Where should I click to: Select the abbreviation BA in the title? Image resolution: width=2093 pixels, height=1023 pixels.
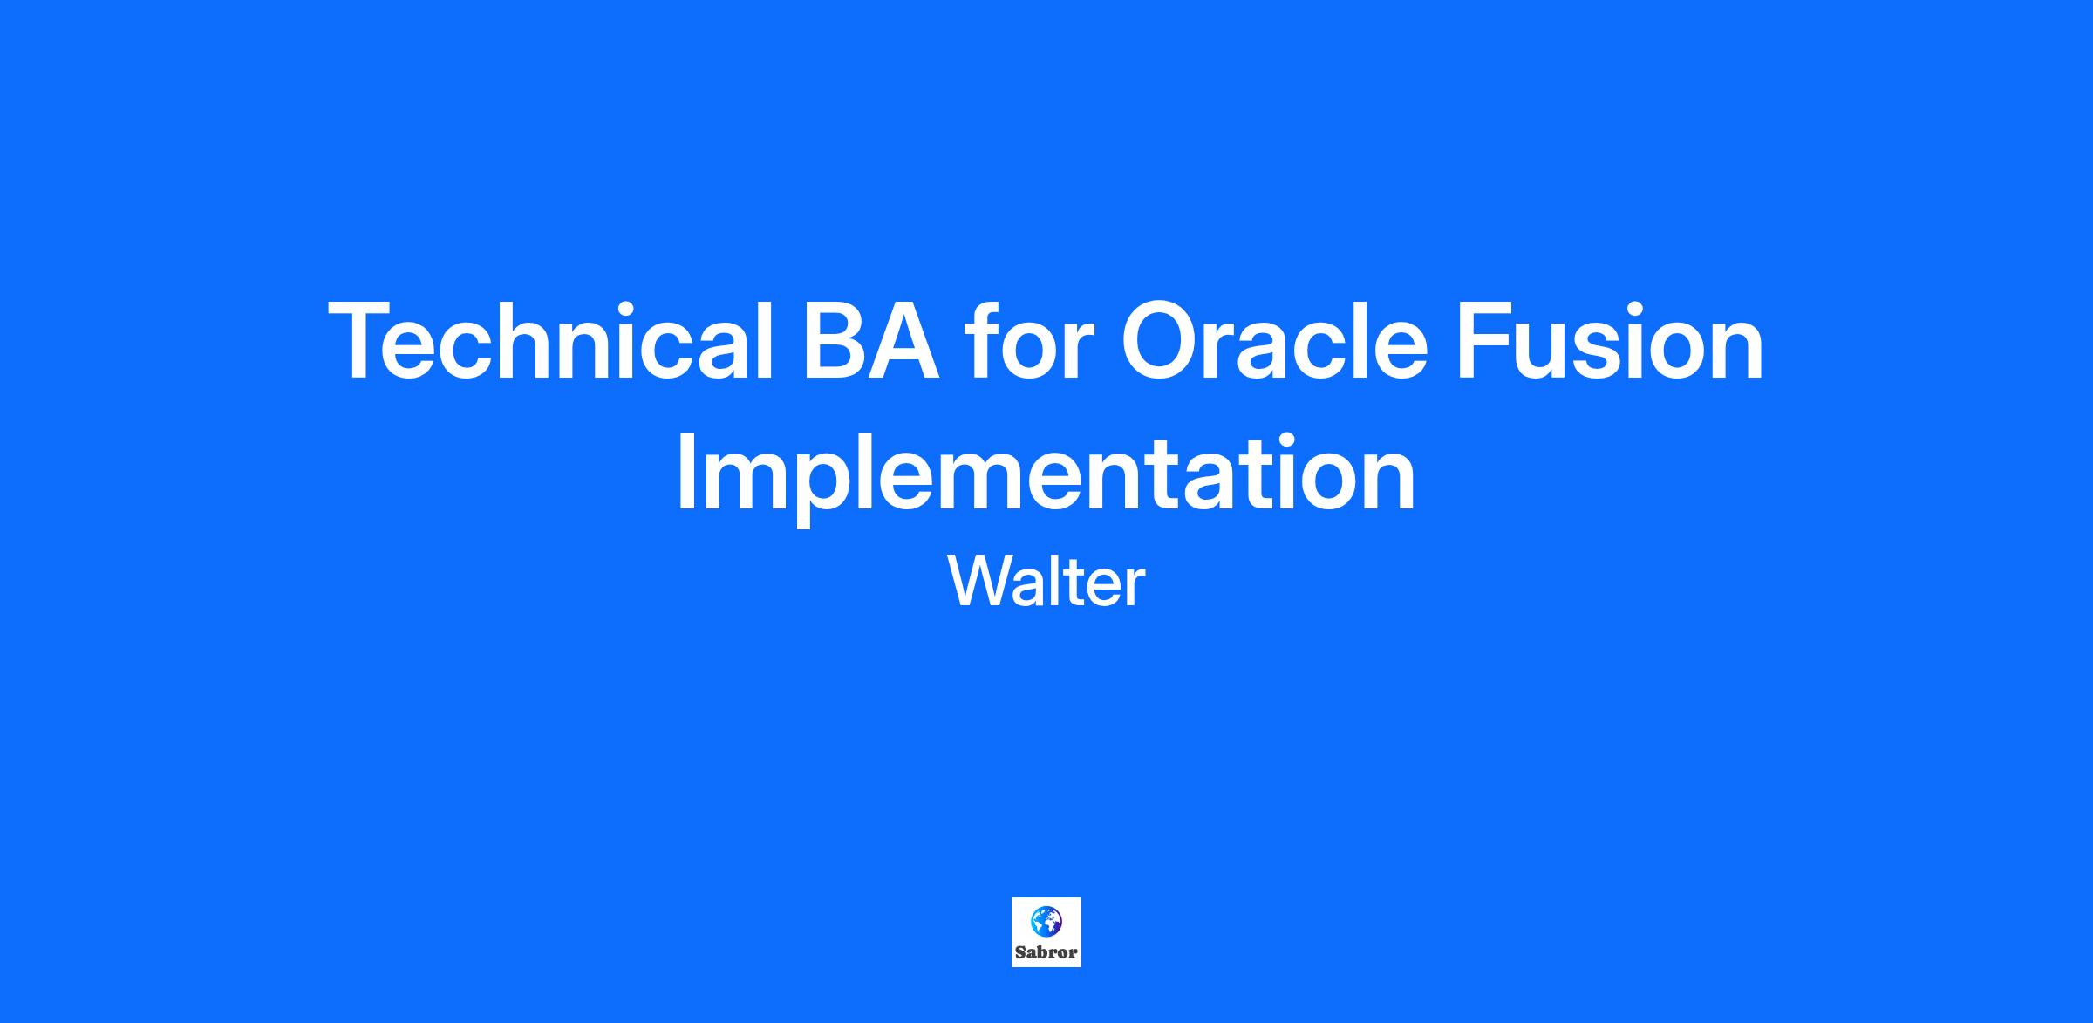point(872,341)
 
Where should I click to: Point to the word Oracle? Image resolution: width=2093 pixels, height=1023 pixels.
point(1274,340)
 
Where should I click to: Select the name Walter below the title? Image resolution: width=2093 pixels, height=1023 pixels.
point(1046,582)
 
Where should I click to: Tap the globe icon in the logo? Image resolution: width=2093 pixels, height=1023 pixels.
point(1046,921)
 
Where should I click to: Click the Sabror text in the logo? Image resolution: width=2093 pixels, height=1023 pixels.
point(1046,952)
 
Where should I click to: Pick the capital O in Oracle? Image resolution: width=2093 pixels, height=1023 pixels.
point(1162,341)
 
